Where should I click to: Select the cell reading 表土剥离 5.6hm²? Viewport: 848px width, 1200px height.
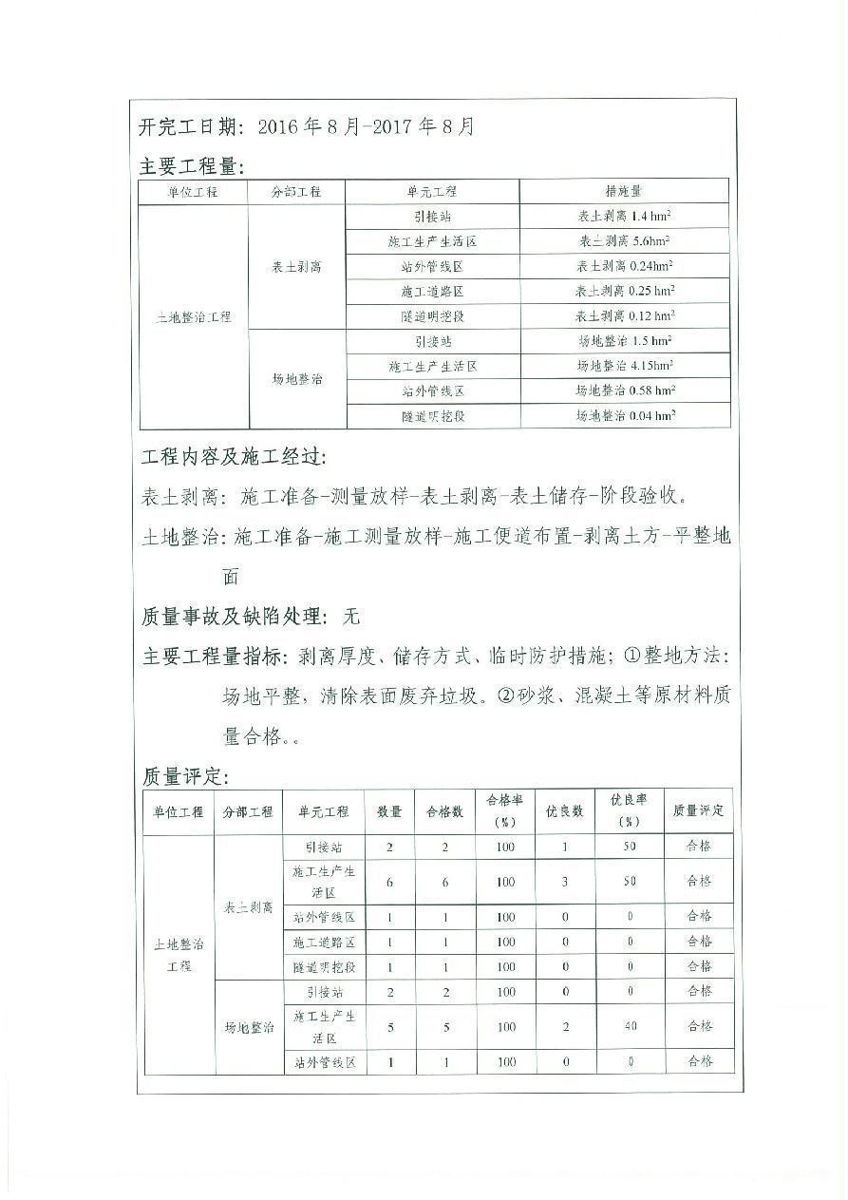pyautogui.click(x=625, y=241)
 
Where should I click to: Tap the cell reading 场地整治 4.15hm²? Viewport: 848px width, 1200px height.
pyautogui.click(x=625, y=366)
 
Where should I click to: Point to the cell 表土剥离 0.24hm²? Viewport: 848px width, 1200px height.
pyautogui.click(x=625, y=267)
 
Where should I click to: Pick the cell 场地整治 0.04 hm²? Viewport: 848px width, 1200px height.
pyautogui.click(x=625, y=415)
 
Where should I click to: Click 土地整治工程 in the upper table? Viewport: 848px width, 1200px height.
pyautogui.click(x=193, y=316)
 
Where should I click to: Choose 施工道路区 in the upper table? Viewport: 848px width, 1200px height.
pyautogui.click(x=432, y=292)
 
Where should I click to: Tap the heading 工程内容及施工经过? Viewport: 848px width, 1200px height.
pyautogui.click(x=232, y=457)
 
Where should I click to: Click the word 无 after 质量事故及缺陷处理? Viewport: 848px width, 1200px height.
pyautogui.click(x=351, y=617)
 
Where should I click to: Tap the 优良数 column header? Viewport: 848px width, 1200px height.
pyautogui.click(x=564, y=811)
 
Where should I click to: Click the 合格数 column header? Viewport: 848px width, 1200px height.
pyautogui.click(x=444, y=811)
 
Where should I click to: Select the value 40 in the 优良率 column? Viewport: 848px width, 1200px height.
pyautogui.click(x=629, y=1026)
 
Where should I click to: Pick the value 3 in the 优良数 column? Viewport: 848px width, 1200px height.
pyautogui.click(x=564, y=882)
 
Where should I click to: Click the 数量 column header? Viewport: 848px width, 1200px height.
pyautogui.click(x=389, y=811)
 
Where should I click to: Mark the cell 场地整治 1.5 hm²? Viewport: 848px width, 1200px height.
pyautogui.click(x=625, y=341)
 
